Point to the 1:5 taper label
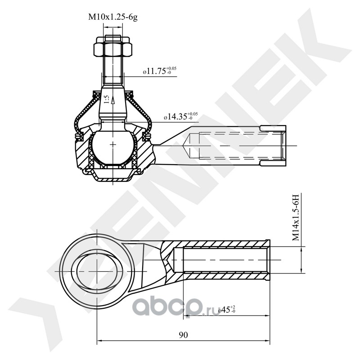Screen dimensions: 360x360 point(106,99)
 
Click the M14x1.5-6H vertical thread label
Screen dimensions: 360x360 point(295,218)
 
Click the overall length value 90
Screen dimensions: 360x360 point(183,335)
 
